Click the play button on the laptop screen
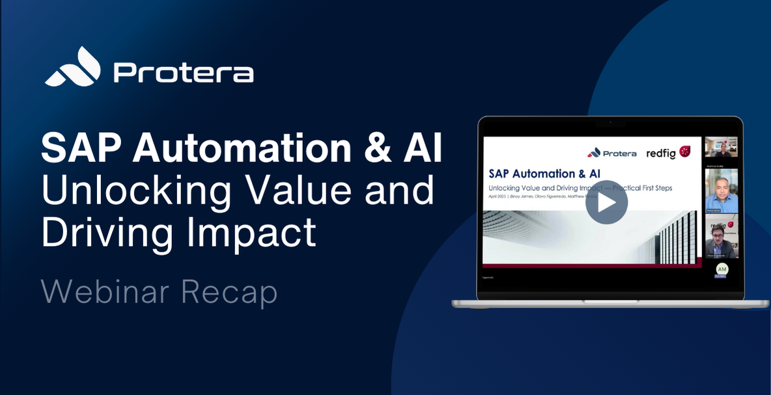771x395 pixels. pos(606,202)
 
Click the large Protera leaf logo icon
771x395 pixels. pos(72,67)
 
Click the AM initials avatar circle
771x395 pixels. pos(722,269)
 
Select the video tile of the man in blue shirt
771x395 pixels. pos(722,190)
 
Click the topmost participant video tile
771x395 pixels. pos(722,147)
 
